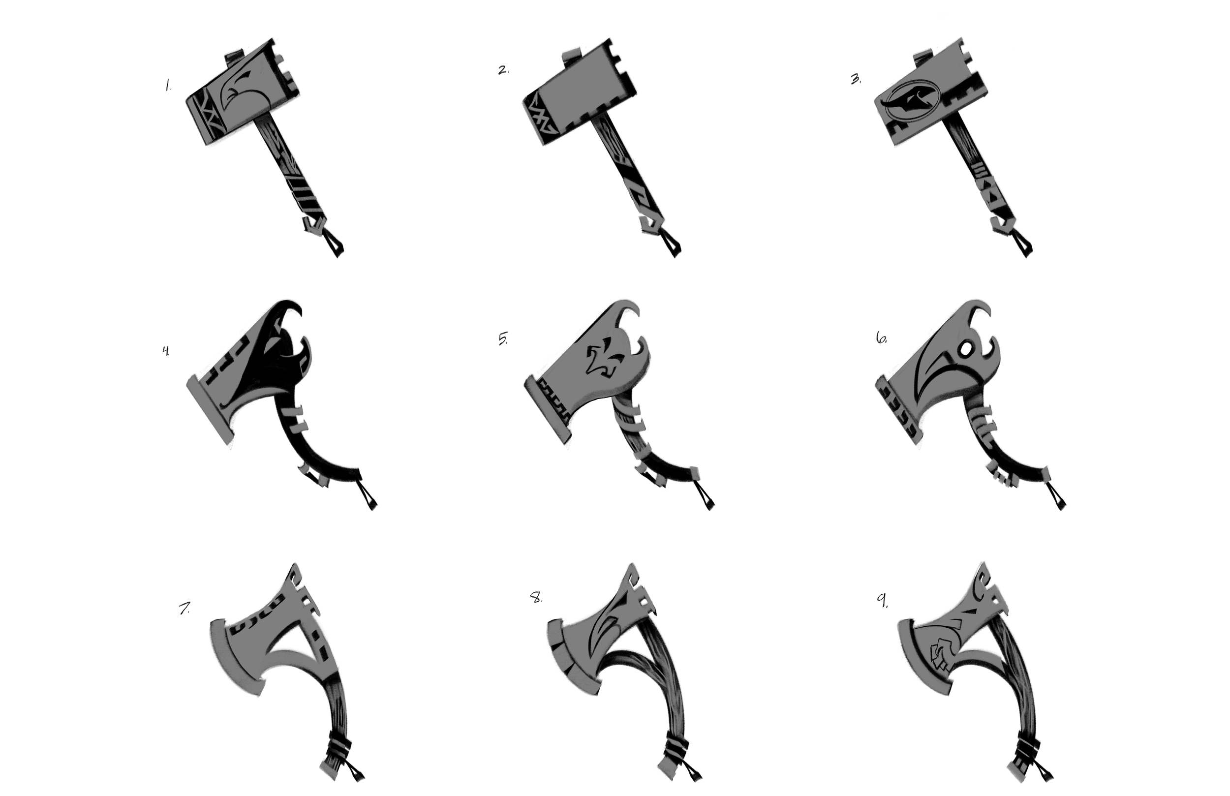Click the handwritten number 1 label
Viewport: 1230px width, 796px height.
point(167,86)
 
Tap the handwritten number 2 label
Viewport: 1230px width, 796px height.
point(503,70)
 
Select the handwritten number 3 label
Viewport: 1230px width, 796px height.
point(856,80)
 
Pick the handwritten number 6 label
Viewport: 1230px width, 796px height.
point(881,339)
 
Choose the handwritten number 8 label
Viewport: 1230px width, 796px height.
point(536,599)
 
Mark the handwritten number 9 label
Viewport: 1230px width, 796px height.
point(883,601)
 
